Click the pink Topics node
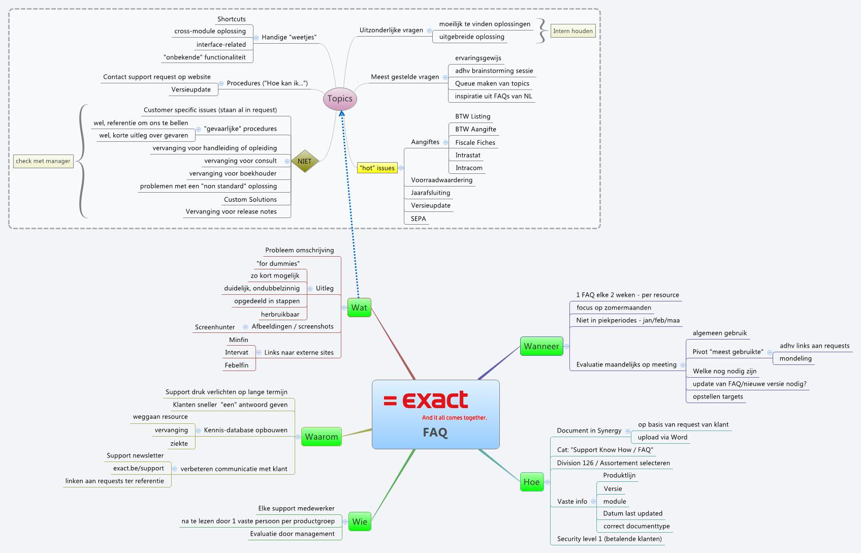coord(340,99)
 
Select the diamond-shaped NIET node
coord(304,161)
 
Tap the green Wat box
coord(359,308)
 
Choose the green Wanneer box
coord(541,346)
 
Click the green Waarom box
coord(321,437)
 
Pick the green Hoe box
coord(531,482)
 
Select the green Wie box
coord(360,521)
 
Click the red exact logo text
coord(435,401)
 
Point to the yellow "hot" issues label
coord(377,168)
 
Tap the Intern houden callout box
coord(572,31)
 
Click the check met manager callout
coord(43,161)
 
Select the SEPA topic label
coord(419,219)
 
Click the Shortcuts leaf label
coord(232,19)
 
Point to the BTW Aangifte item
coord(475,129)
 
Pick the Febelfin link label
coord(237,365)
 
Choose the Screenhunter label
coord(215,327)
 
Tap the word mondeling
coord(795,358)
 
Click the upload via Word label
coord(662,437)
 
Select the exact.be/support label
coord(139,468)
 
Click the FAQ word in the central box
coord(435,433)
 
